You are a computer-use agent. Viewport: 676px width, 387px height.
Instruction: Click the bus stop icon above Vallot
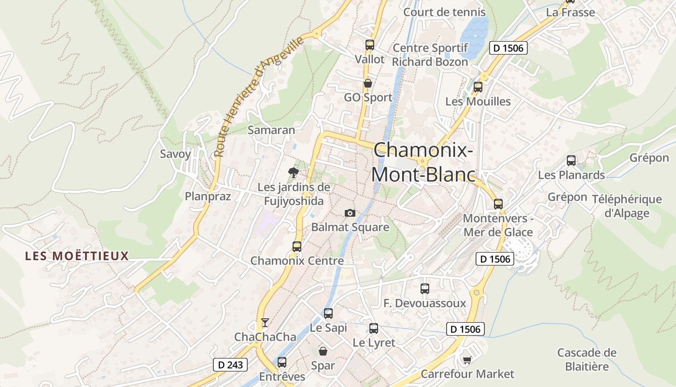(x=370, y=45)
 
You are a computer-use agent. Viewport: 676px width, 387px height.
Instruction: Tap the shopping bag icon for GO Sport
(x=368, y=83)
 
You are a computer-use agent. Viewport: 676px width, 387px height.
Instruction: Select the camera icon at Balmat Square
(x=350, y=213)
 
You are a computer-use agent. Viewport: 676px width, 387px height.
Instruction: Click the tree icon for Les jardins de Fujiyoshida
(x=293, y=172)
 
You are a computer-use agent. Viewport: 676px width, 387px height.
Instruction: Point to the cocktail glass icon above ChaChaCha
(x=265, y=322)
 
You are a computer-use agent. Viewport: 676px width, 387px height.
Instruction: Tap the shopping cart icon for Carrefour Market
(x=467, y=360)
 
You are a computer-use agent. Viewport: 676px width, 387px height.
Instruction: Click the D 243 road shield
(x=230, y=365)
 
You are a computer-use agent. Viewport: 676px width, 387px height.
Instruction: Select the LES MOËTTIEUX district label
(x=77, y=255)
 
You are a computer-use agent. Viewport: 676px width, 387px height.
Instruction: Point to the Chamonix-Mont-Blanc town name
(x=423, y=162)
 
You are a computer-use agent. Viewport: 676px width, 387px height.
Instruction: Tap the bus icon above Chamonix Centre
(x=297, y=246)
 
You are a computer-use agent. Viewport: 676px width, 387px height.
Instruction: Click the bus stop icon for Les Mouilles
(x=478, y=87)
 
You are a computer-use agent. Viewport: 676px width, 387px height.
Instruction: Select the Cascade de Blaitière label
(x=587, y=359)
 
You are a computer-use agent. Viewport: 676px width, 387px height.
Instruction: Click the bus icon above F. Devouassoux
(x=425, y=289)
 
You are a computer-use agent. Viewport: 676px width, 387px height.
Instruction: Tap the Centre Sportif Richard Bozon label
(x=430, y=55)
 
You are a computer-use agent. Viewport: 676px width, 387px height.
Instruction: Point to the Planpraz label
(x=208, y=196)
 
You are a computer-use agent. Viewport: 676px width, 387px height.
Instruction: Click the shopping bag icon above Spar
(x=323, y=351)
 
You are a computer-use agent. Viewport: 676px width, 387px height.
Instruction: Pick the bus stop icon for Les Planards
(x=571, y=161)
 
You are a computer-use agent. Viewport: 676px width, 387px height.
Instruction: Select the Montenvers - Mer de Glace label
(x=498, y=225)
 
